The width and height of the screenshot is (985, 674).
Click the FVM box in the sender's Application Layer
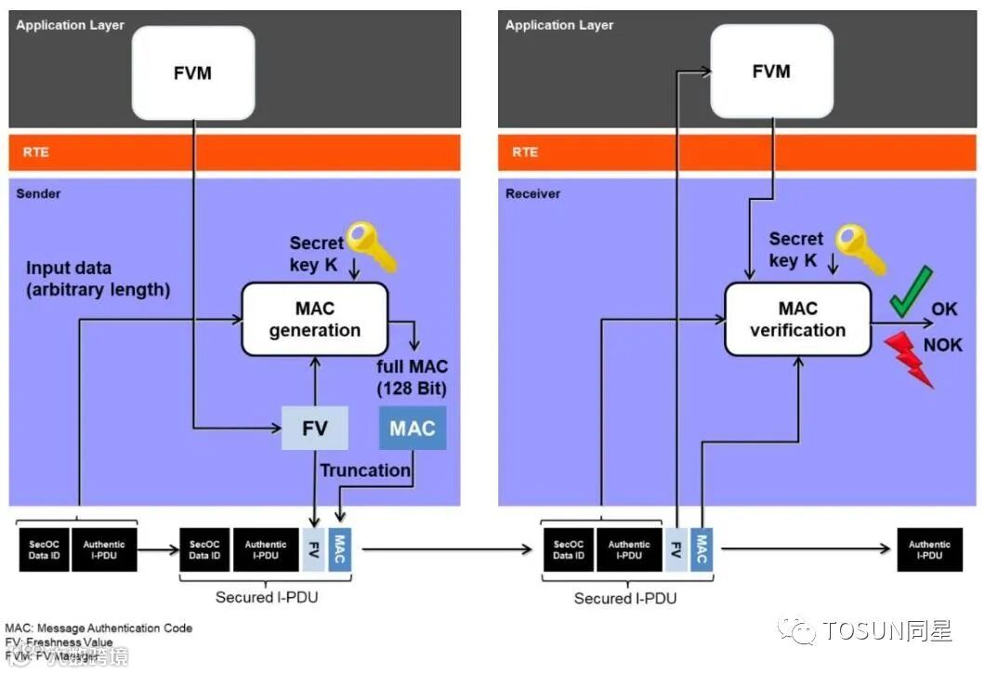click(193, 73)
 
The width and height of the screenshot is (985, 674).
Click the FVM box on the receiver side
click(770, 73)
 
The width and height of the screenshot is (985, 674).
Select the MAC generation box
click(314, 319)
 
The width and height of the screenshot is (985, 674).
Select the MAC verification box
click(797, 319)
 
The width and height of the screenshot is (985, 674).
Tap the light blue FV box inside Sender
click(314, 429)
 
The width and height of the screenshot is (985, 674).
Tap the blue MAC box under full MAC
click(412, 429)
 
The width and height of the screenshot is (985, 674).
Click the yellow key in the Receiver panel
click(858, 247)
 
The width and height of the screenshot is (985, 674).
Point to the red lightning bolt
click(911, 361)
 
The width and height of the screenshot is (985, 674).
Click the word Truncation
click(365, 470)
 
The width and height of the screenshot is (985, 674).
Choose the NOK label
click(942, 346)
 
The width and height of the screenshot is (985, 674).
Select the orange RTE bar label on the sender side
click(35, 152)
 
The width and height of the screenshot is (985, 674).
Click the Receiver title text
click(532, 194)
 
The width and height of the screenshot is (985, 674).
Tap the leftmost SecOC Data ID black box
click(44, 549)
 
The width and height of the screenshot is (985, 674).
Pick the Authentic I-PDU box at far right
click(929, 549)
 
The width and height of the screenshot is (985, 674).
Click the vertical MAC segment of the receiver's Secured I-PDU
click(701, 549)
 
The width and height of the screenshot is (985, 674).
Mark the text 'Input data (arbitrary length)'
click(98, 279)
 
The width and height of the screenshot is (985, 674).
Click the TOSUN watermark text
click(886, 631)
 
